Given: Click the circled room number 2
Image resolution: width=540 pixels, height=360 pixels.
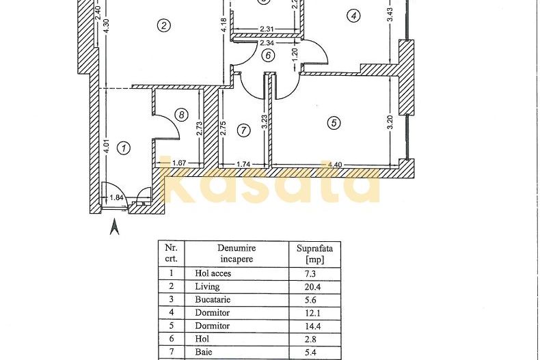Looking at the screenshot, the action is tap(163, 26).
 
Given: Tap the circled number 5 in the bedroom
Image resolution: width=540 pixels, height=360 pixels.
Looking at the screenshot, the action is tap(334, 124).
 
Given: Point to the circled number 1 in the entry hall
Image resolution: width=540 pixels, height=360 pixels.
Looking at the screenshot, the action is tap(124, 147).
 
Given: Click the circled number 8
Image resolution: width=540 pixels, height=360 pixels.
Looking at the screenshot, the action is tap(180, 115).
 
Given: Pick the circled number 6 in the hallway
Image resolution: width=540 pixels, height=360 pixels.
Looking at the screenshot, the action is tap(268, 56).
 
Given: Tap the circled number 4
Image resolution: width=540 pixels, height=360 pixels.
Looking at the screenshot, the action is tap(353, 15).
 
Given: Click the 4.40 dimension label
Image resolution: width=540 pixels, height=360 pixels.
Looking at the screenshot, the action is tap(335, 165).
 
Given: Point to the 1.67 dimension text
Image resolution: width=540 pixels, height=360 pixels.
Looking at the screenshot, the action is tap(180, 163).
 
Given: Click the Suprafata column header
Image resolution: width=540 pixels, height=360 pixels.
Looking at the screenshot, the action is tap(314, 253).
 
